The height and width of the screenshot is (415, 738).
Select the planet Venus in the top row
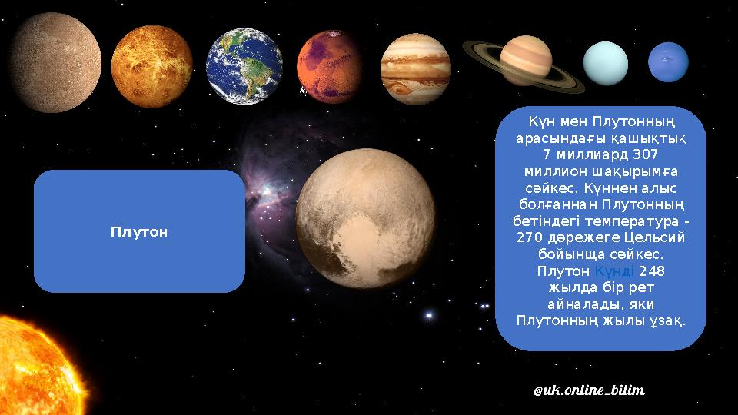click(x=151, y=66)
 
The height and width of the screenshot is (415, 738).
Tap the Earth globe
click(x=244, y=66)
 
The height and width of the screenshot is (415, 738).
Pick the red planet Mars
click(x=330, y=66)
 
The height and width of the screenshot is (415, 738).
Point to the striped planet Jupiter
click(x=415, y=67)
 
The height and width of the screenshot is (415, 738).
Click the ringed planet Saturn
click(x=526, y=61)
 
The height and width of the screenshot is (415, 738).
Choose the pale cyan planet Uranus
click(x=606, y=63)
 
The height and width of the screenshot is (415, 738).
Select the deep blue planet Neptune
click(x=668, y=61)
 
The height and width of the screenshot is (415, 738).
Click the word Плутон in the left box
click(x=139, y=231)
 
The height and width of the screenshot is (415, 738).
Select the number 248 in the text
click(x=652, y=271)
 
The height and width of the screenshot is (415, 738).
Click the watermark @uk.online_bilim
click(x=588, y=390)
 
